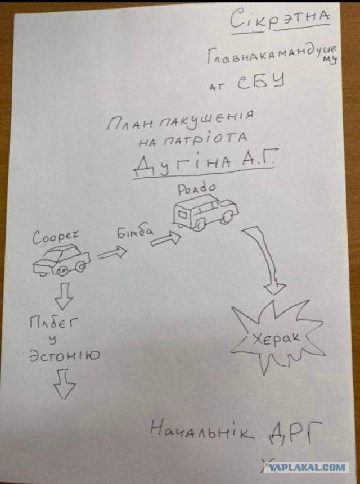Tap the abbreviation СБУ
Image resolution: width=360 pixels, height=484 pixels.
pyautogui.click(x=261, y=82)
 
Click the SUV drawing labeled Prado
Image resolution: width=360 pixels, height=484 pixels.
pyautogui.click(x=205, y=212)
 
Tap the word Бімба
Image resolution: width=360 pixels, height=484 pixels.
pyautogui.click(x=134, y=232)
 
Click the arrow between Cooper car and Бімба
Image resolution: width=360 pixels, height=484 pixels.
pyautogui.click(x=112, y=252)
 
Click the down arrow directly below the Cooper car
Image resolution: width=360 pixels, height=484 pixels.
pyautogui.click(x=64, y=296)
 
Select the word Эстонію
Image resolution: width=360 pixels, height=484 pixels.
pyautogui.click(x=65, y=356)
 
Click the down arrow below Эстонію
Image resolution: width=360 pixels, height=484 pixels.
pyautogui.click(x=65, y=384)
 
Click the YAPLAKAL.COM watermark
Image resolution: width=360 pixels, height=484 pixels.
pyautogui.click(x=305, y=467)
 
